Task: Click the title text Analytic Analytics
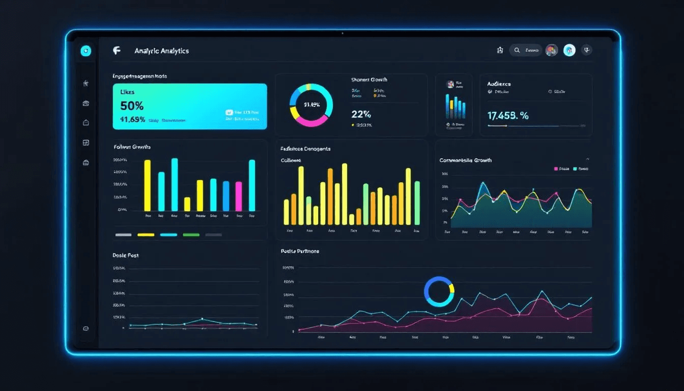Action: (x=161, y=51)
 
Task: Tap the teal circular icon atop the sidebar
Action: (x=86, y=51)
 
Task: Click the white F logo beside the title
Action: (x=117, y=50)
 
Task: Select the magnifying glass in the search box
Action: (x=517, y=50)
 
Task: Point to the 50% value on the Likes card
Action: (x=132, y=106)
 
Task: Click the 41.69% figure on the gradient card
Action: (x=133, y=120)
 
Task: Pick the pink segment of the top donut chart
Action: (x=310, y=122)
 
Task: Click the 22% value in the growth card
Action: (x=361, y=114)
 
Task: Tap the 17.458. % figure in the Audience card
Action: (x=508, y=116)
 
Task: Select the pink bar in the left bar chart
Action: (x=239, y=196)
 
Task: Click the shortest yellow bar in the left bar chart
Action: (x=187, y=204)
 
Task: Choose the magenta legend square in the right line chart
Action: (x=556, y=169)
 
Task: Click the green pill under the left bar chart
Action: (x=191, y=235)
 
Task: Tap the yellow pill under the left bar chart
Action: (x=146, y=235)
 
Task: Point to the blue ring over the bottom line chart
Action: (x=439, y=292)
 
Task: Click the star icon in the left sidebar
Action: (x=86, y=83)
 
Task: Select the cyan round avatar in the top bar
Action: (x=569, y=50)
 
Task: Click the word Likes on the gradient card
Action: (x=127, y=92)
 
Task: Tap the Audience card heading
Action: (x=499, y=83)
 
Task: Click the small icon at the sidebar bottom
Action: (x=85, y=328)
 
